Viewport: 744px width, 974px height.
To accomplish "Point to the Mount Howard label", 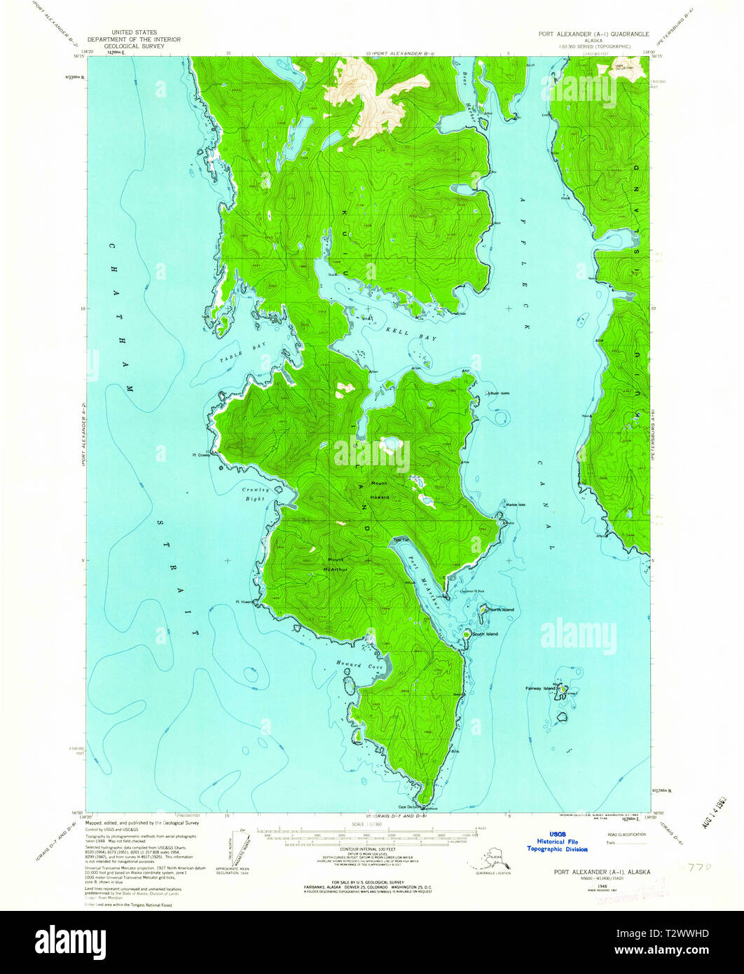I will click(x=380, y=490).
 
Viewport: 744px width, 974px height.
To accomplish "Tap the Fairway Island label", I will click(x=541, y=688).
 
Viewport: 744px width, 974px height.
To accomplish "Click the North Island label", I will click(x=502, y=610).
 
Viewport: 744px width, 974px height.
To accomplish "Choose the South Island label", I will click(x=485, y=633).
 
